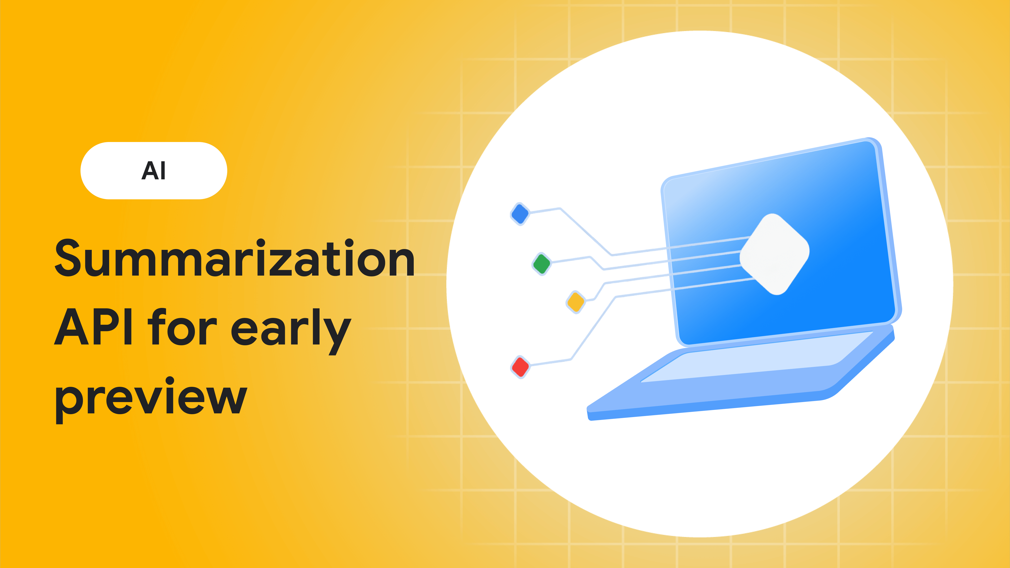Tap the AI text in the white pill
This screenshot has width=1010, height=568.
click(x=154, y=170)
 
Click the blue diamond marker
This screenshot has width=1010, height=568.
click(x=520, y=214)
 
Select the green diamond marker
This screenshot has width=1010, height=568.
click(x=542, y=264)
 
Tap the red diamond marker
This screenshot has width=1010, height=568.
click(x=520, y=367)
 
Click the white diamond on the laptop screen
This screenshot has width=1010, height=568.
click(x=774, y=254)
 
